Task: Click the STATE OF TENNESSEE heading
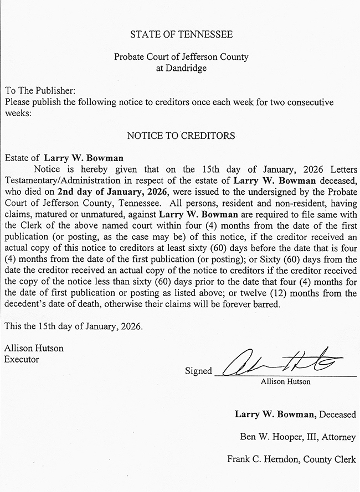pos(181,34)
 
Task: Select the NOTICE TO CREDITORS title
pos(181,135)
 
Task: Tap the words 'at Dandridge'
pos(181,68)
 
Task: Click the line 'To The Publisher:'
pos(39,90)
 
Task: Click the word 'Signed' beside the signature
pos(198,371)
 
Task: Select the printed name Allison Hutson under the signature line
pos(285,381)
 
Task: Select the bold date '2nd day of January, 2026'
pos(105,191)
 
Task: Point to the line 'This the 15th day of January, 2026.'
pos(73,326)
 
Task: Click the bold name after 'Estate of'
pos(84,158)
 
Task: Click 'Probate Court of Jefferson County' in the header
pos(181,57)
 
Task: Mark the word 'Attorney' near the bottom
pos(338,437)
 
